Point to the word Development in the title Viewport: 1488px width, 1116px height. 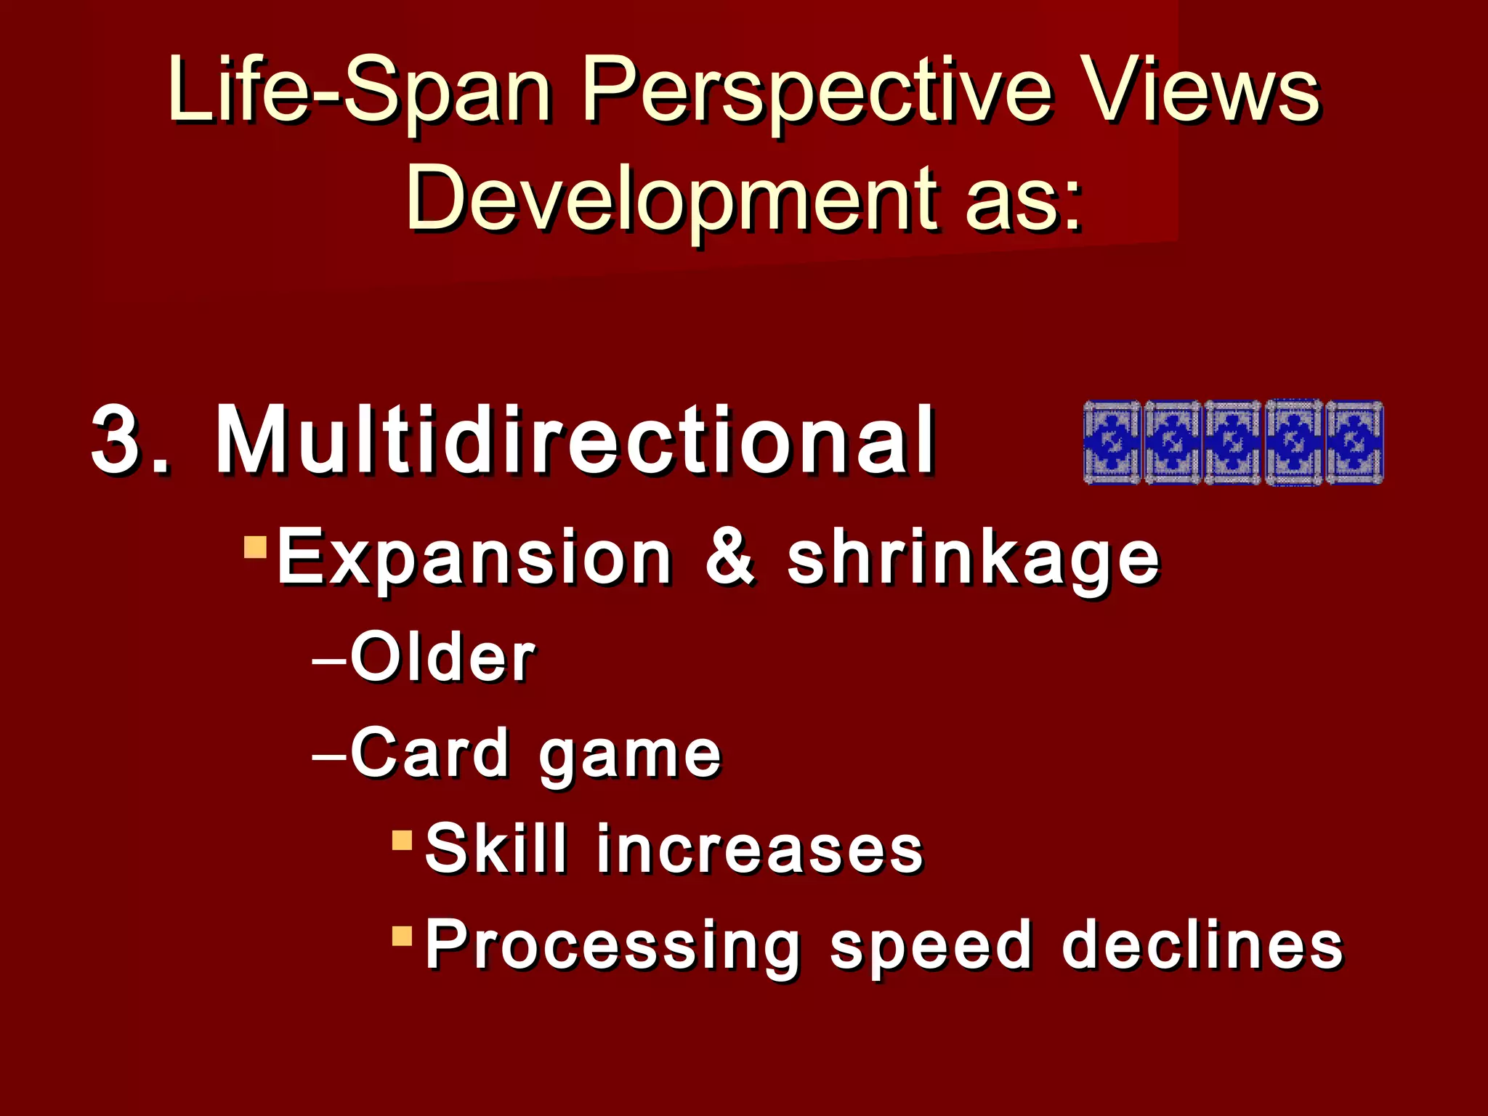pos(675,200)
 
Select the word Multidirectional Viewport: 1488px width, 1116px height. pos(574,440)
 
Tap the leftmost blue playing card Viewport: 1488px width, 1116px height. pos(1112,442)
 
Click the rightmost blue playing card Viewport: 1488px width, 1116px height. pos(1354,442)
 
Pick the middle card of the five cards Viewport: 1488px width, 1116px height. pos(1233,442)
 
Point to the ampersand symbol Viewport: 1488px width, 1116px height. pos(729,558)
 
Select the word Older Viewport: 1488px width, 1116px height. pos(442,658)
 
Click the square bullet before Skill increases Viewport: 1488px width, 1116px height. pos(402,840)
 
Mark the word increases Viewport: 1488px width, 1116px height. pos(759,850)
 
